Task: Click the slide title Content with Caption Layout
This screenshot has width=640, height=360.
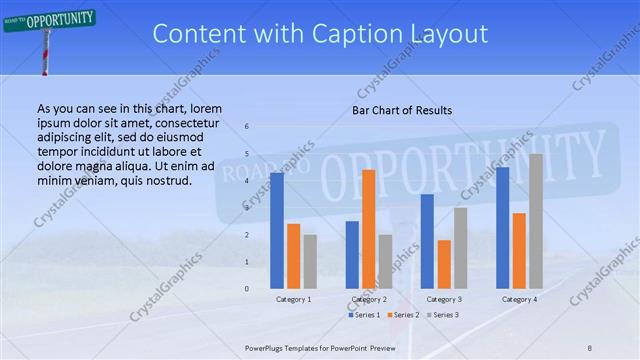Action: pos(320,34)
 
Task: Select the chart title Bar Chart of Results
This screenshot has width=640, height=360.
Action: pos(401,110)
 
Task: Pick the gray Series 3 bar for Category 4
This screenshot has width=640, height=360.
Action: pos(536,221)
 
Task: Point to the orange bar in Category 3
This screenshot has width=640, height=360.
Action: pos(444,264)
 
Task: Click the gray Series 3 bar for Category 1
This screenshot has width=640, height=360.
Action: pos(310,261)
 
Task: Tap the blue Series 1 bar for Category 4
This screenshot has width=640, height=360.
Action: pos(502,227)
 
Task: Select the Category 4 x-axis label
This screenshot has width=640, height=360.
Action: pos(519,299)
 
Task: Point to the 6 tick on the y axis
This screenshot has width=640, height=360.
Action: pos(248,127)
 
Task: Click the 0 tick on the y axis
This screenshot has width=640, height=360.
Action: pos(248,288)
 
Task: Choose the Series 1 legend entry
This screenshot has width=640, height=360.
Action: pos(364,315)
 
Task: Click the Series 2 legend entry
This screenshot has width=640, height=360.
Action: pos(403,315)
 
